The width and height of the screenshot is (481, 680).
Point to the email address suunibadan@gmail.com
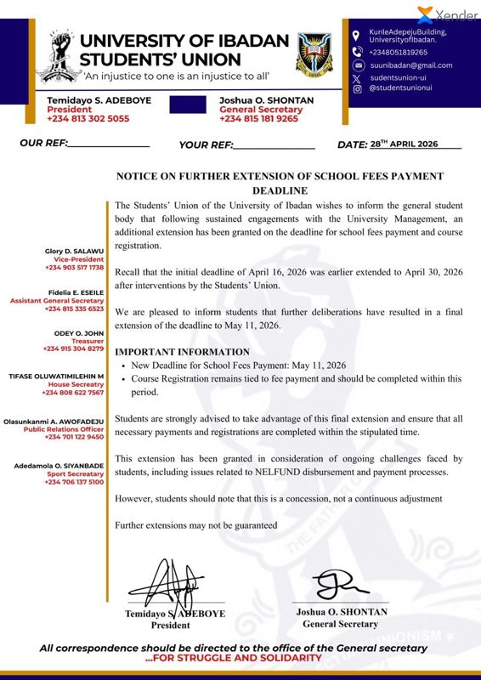pyautogui.click(x=411, y=65)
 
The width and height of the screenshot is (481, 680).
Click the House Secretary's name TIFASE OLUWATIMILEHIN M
pyautogui.click(x=56, y=376)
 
